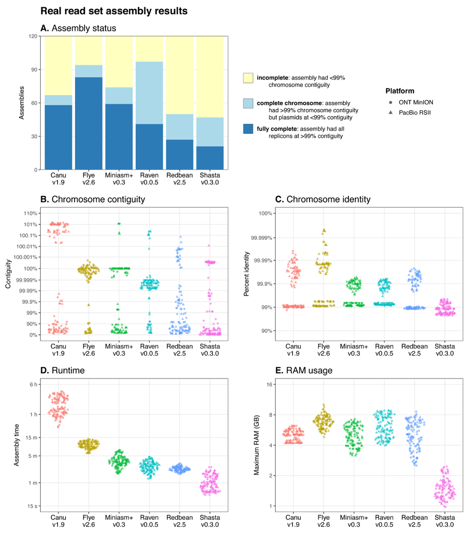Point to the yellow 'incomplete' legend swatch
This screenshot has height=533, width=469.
click(x=248, y=78)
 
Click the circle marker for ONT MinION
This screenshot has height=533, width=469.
click(x=391, y=102)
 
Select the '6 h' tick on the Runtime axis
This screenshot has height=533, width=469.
click(x=32, y=385)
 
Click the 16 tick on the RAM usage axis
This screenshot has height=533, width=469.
click(x=269, y=385)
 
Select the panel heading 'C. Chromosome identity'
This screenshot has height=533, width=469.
click(x=323, y=199)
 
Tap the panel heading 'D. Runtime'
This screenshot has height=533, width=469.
click(x=62, y=371)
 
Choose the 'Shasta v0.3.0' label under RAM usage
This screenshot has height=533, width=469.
click(x=444, y=521)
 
